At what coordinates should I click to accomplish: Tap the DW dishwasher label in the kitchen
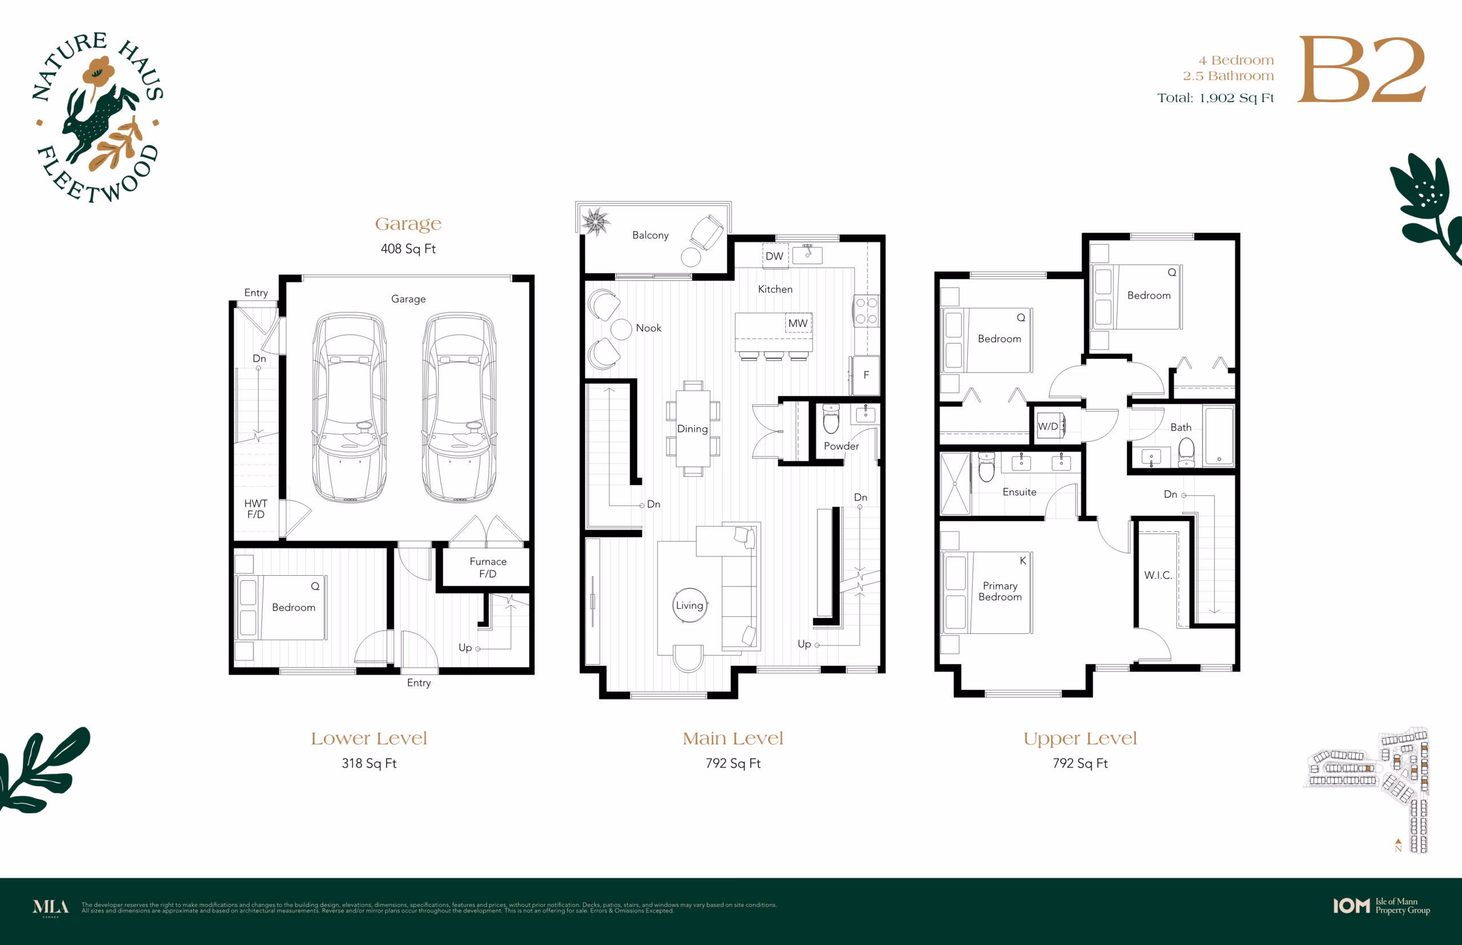click(x=774, y=256)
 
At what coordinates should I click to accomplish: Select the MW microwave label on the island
click(x=798, y=324)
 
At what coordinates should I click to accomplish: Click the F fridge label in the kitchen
click(x=866, y=375)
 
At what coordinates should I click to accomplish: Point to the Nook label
click(x=648, y=328)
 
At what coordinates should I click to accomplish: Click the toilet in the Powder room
click(x=831, y=418)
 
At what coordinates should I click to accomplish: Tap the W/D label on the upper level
click(x=1048, y=426)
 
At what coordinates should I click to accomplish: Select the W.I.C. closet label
click(x=1158, y=575)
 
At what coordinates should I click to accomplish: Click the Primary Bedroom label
click(x=1000, y=591)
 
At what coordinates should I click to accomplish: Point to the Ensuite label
click(x=1019, y=492)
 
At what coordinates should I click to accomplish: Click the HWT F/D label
click(x=255, y=508)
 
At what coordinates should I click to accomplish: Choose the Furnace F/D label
click(x=488, y=568)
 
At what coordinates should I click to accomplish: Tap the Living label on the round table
click(x=689, y=605)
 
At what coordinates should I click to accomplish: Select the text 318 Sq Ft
click(x=369, y=764)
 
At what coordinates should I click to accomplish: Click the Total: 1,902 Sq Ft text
click(x=1215, y=98)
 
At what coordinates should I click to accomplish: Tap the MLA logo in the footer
click(x=50, y=907)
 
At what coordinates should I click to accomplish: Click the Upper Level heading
click(x=1080, y=739)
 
